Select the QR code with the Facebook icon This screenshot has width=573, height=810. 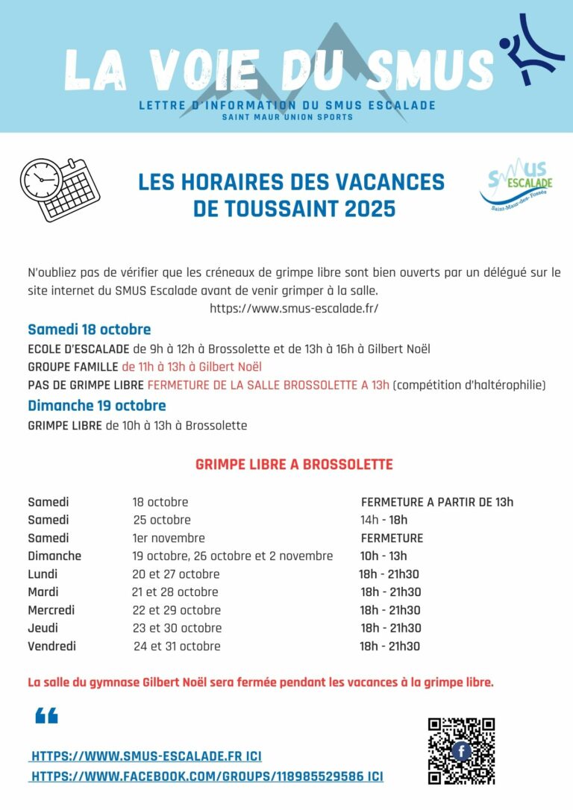461,750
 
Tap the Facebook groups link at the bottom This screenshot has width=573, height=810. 207,776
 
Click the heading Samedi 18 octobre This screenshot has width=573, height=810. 89,330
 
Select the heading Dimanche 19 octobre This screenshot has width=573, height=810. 96,406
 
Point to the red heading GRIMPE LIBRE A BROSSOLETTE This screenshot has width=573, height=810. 294,465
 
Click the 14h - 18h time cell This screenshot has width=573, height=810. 383,520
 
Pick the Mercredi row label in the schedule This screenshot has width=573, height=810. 51,610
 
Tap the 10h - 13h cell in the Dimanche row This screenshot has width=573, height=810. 383,556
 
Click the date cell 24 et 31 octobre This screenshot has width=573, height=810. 177,646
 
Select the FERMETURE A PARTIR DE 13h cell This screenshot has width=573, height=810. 436,502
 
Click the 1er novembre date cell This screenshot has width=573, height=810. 168,538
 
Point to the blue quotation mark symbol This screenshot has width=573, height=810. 46,717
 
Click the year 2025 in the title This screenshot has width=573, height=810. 370,209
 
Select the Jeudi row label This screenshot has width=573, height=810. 43,628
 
